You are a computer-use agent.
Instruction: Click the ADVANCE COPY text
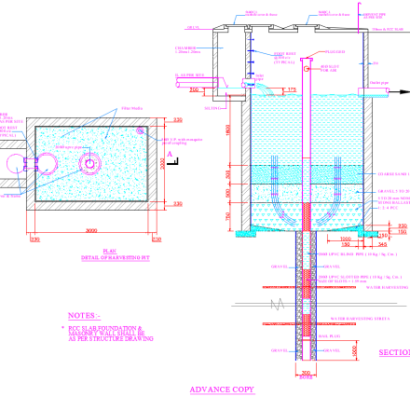click(222, 389)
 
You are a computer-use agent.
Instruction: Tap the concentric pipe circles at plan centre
click(89, 164)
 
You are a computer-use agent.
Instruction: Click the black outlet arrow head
click(403, 91)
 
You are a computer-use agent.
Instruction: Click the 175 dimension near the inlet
click(292, 89)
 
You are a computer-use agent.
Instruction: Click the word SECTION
click(393, 353)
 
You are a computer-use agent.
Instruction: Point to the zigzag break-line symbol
click(274, 304)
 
